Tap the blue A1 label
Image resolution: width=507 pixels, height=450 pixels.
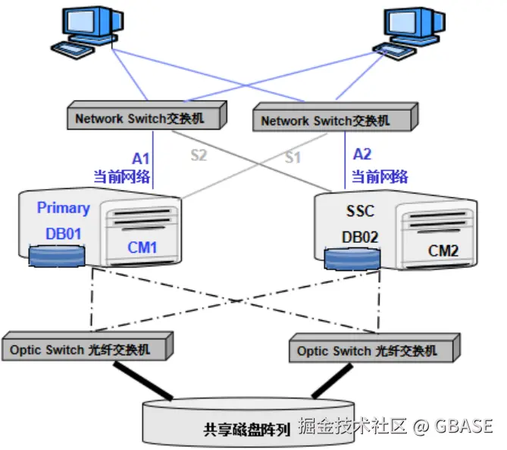[x=142, y=159]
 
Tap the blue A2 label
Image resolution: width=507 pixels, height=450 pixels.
[x=363, y=155]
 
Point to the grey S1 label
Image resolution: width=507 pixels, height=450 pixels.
[x=293, y=158]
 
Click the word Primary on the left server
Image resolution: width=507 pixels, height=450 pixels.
[x=63, y=208]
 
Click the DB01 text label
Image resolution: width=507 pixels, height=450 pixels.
[x=63, y=234]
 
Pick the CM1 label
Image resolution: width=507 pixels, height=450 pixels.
[x=142, y=248]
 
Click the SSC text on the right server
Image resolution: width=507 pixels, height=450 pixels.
[x=358, y=210]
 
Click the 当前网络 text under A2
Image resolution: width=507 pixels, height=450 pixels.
[x=380, y=177]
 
